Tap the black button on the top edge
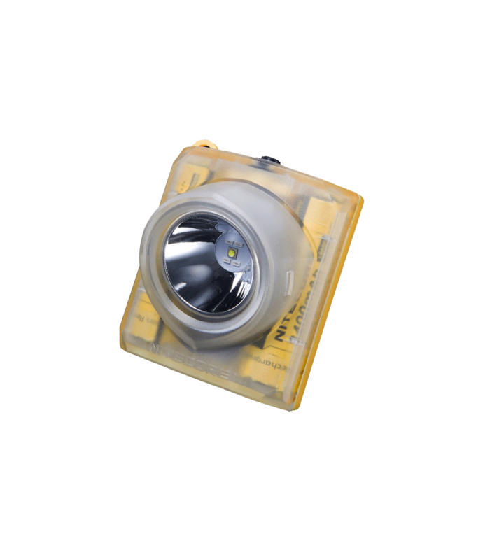(267, 162)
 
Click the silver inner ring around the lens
(168, 266)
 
